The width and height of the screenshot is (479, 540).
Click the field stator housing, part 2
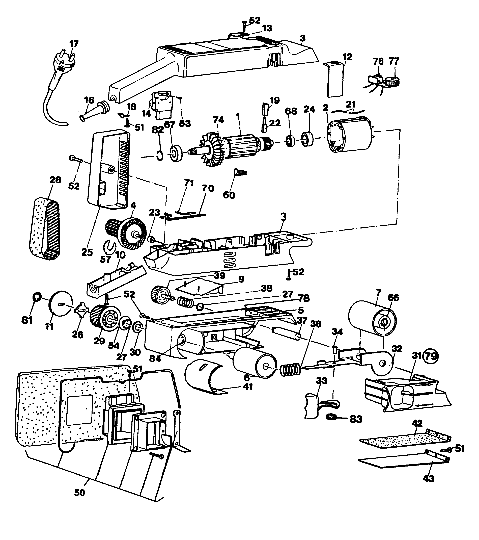coord(351,139)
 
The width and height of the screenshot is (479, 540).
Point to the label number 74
coord(218,120)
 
